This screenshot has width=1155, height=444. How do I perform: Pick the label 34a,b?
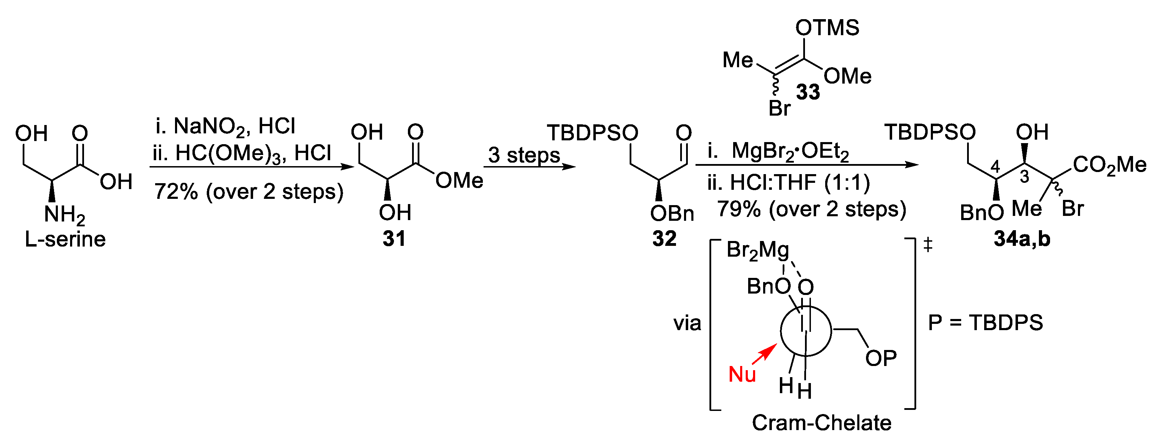(1022, 239)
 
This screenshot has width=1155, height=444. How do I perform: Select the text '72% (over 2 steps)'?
(249, 192)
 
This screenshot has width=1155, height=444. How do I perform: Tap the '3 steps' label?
(524, 155)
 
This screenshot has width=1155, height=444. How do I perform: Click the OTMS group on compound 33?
(827, 28)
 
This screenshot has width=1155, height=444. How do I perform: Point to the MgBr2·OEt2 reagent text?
(790, 152)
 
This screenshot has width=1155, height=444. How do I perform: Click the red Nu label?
(742, 374)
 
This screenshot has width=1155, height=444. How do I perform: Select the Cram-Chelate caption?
(821, 422)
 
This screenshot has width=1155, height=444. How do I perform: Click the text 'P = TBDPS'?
(985, 322)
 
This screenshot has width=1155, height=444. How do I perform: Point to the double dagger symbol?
(928, 244)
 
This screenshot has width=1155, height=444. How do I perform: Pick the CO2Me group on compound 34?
(1109, 165)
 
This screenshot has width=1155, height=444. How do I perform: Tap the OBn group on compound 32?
(672, 214)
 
